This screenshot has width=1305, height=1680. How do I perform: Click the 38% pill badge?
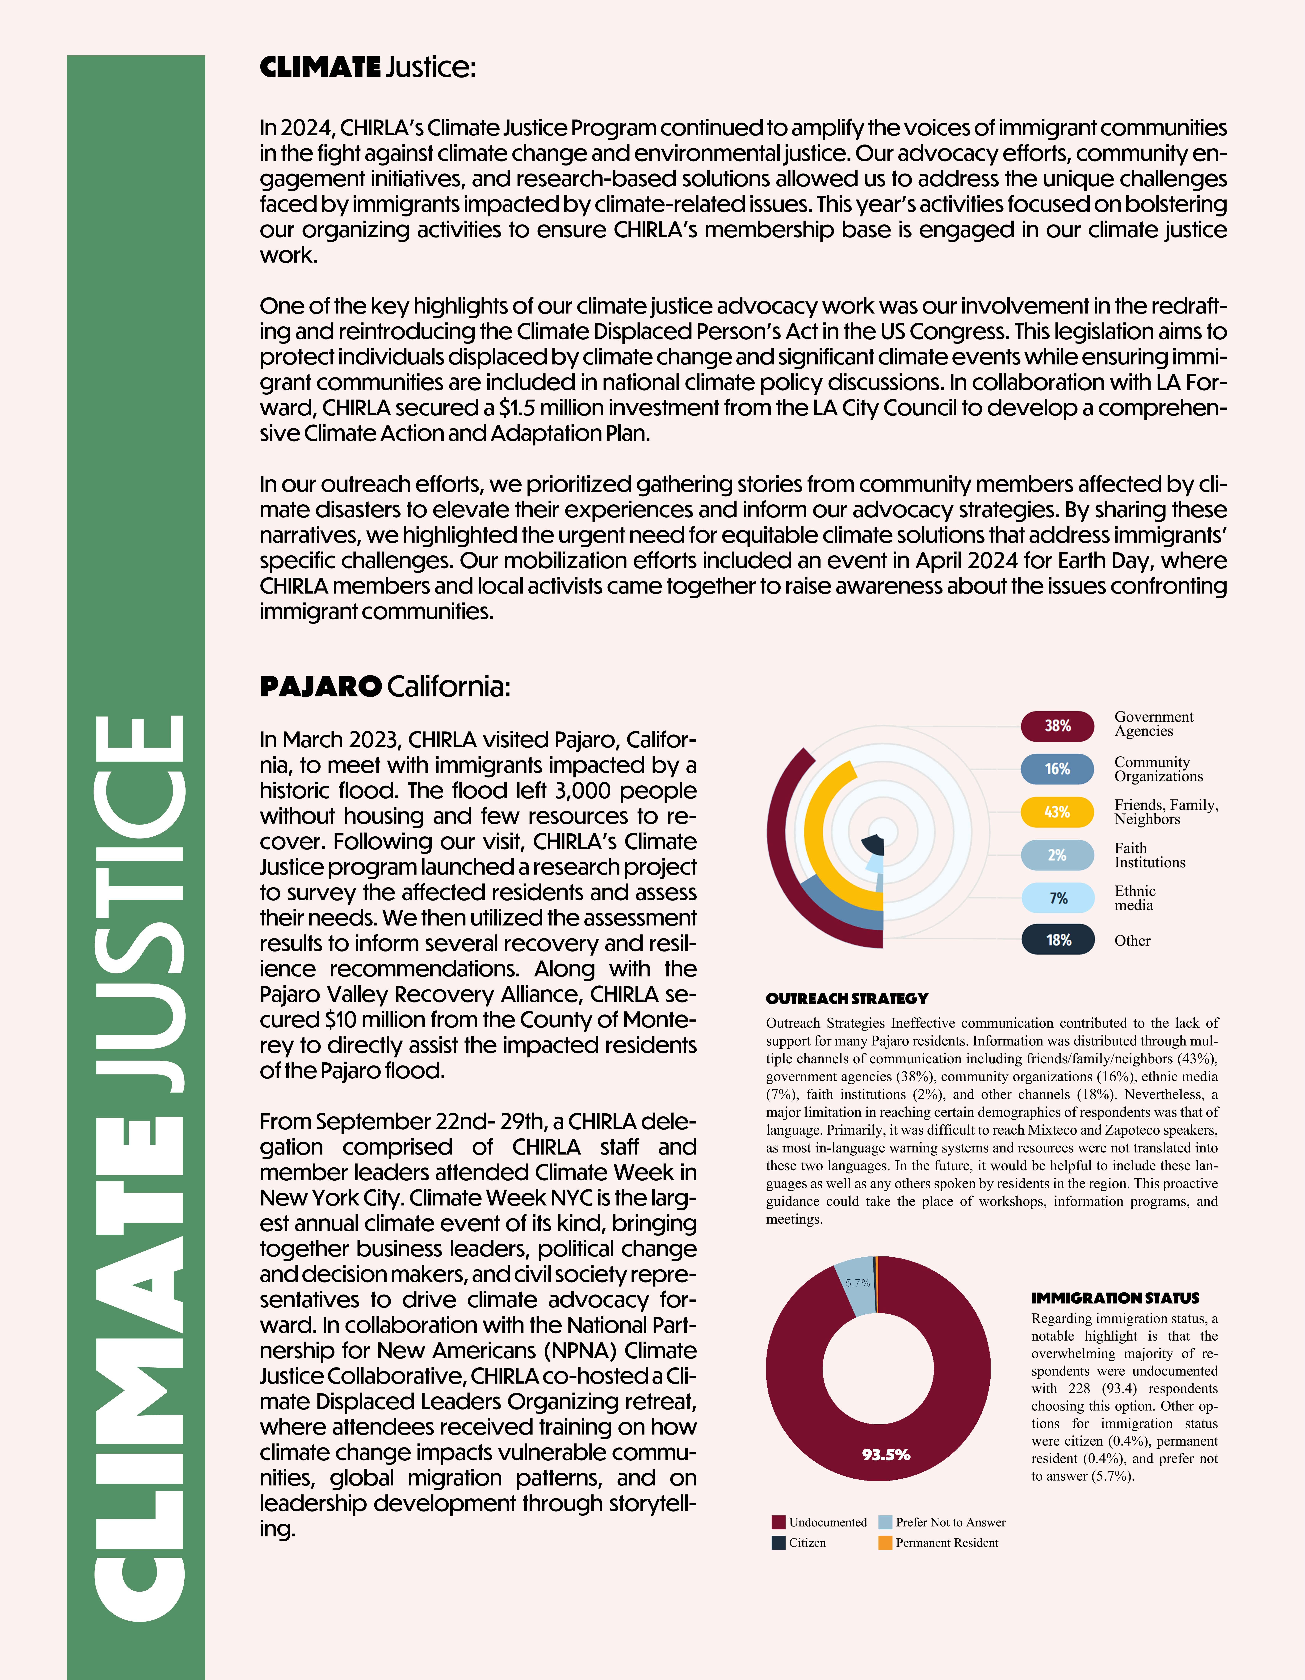[x=1057, y=726]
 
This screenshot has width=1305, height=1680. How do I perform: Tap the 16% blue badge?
[x=1057, y=769]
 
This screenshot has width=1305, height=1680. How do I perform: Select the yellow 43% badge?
[x=1057, y=812]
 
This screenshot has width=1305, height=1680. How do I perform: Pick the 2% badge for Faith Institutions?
[x=1057, y=855]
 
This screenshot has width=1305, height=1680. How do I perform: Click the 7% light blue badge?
[x=1057, y=898]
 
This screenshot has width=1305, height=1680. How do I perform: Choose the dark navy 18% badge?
[x=1057, y=940]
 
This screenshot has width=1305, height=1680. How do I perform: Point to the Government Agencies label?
[x=1153, y=724]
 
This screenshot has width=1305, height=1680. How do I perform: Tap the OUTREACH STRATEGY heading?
[x=847, y=998]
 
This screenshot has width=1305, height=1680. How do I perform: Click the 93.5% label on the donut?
[x=886, y=1455]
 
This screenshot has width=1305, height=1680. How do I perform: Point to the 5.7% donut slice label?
[x=858, y=1283]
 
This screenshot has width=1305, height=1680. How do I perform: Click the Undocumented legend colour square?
[x=778, y=1522]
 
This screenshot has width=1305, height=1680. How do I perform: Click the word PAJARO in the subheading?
[x=321, y=686]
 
